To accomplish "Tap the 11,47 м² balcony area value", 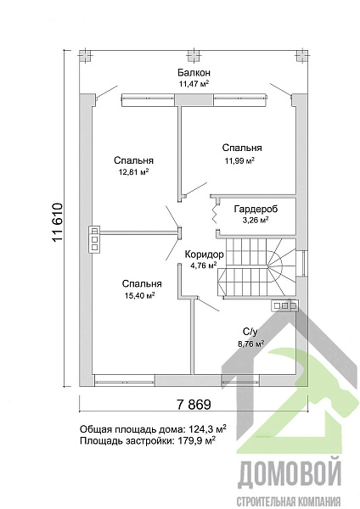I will click(x=194, y=84).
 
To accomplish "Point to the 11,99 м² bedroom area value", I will click(x=239, y=159).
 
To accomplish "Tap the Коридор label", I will click(x=204, y=254).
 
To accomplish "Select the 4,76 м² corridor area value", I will click(x=204, y=265).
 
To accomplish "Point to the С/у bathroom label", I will click(x=250, y=332).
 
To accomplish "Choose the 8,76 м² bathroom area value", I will click(x=250, y=344).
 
